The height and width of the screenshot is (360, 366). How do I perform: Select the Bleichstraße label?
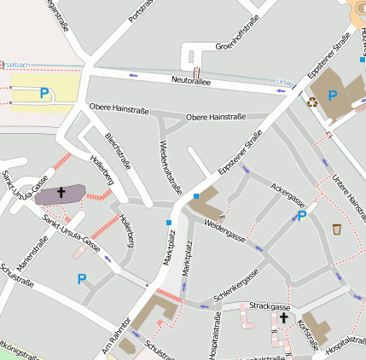click(117, 151)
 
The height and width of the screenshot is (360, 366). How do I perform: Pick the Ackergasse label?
click(288, 195)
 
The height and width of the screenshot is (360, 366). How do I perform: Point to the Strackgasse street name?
click(270, 305)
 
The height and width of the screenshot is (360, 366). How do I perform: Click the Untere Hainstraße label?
click(346, 196)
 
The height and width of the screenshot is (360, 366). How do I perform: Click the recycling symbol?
click(312, 102)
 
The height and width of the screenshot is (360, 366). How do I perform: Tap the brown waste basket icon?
click(337, 229)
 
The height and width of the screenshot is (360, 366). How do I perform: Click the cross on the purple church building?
click(61, 193)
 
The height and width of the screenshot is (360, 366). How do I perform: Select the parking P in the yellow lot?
click(44, 94)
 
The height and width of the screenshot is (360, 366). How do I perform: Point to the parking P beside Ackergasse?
click(301, 217)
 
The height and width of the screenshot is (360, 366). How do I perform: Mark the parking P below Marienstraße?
click(82, 279)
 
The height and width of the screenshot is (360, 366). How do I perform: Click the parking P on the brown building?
click(333, 96)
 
